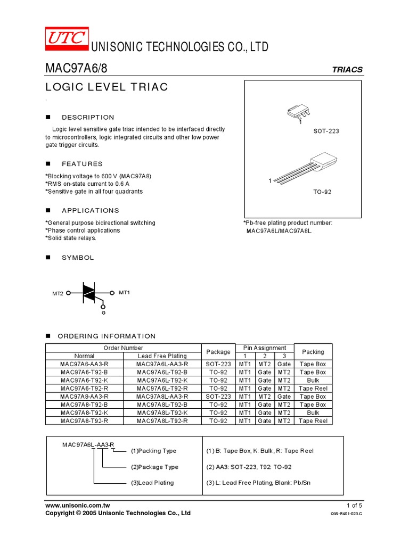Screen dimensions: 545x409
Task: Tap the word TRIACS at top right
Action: [347, 70]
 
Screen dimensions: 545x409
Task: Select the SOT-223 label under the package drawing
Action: [326, 130]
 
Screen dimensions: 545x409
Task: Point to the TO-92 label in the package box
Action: [322, 192]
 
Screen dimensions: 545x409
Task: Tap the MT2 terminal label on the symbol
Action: [58, 293]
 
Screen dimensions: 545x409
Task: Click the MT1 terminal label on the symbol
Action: [124, 293]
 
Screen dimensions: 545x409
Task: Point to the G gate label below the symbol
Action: [104, 313]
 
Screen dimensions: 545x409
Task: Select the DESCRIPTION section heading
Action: [88, 117]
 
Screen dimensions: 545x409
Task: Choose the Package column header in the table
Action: [218, 352]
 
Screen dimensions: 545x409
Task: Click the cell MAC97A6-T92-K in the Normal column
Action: [84, 381]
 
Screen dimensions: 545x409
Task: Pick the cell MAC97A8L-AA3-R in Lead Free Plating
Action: [162, 397]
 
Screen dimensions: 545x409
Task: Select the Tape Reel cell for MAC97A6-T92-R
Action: [313, 389]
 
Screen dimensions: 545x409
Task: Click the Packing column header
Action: [313, 352]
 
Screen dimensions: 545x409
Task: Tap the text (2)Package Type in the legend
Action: [154, 467]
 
